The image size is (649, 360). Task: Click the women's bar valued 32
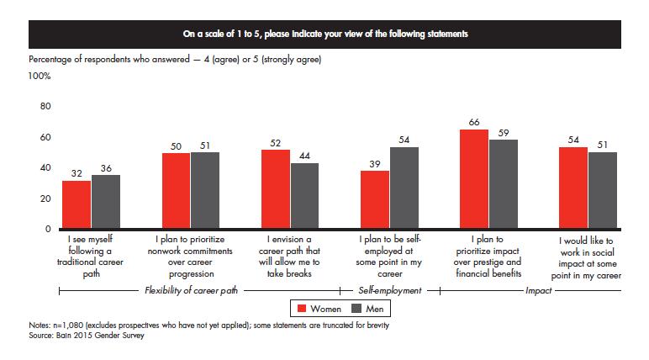(77, 204)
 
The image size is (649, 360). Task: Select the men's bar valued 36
(106, 201)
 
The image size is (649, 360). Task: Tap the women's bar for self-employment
(375, 199)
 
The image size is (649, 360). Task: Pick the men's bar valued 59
(504, 184)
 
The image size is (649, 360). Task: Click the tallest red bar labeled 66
(474, 179)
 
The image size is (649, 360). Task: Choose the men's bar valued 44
(304, 195)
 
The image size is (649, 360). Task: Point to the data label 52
(275, 143)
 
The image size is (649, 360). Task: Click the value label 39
(375, 164)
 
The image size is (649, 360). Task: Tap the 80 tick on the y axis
(45, 106)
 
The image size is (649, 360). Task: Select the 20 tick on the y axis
(45, 199)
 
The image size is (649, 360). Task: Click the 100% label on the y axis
(40, 76)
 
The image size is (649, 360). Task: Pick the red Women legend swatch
(302, 309)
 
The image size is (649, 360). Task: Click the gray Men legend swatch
(356, 309)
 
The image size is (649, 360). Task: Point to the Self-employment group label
(390, 290)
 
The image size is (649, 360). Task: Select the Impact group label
(539, 290)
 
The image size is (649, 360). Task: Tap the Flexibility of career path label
(191, 290)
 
